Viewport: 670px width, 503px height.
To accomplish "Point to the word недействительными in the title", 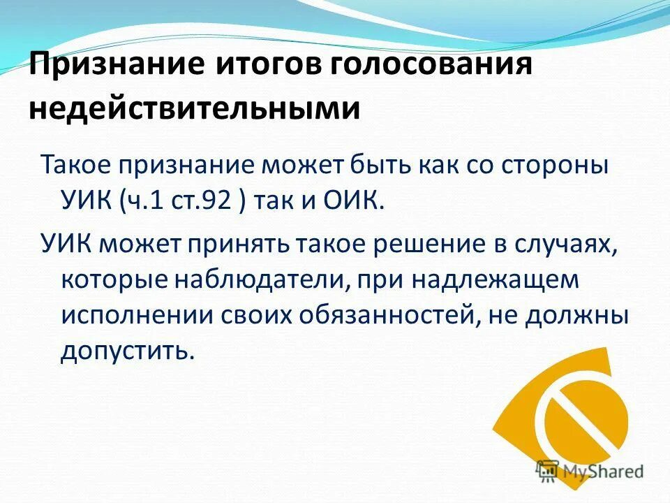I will [195, 110].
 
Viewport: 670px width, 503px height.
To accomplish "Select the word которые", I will [108, 279].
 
